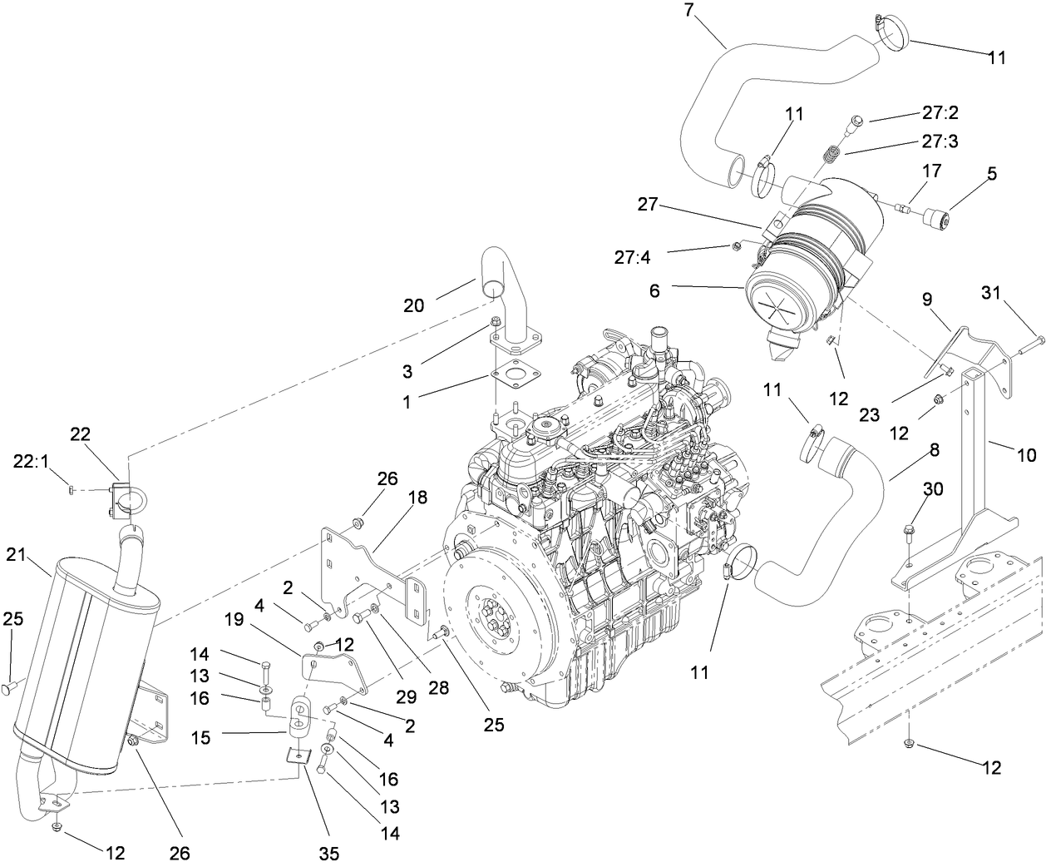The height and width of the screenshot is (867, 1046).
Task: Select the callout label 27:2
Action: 939,112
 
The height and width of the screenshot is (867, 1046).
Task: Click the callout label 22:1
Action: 31,460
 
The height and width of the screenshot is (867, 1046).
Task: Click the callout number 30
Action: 935,490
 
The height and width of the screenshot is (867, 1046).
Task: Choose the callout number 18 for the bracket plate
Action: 417,498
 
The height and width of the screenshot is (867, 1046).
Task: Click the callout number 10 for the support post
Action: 1027,455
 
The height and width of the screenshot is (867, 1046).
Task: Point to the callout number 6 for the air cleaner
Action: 655,290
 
